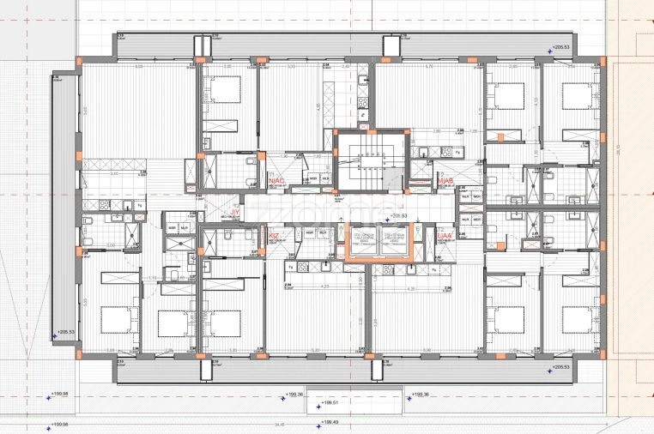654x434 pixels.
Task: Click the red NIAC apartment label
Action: [x=276, y=182]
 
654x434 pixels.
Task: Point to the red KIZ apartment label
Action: [x=275, y=234]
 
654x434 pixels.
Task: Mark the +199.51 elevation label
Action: [x=330, y=403]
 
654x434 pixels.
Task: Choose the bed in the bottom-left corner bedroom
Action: [x=118, y=320]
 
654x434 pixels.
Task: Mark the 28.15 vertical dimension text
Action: [x=619, y=146]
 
